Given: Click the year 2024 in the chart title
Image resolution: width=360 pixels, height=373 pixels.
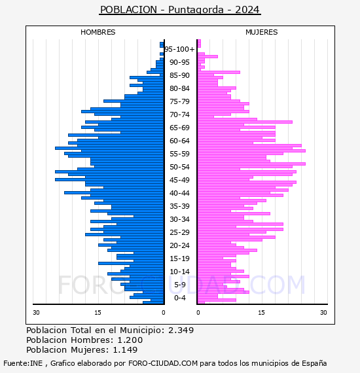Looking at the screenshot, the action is click(247, 10).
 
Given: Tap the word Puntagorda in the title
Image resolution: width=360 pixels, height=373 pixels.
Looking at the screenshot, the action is click(196, 10).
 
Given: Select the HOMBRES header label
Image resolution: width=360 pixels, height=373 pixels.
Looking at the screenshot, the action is click(98, 32).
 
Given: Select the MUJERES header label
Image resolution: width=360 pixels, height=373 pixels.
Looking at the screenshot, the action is click(262, 32).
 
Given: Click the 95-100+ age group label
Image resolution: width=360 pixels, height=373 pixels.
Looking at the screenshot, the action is click(179, 49).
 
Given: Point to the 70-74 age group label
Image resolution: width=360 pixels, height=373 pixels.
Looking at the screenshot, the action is click(179, 115).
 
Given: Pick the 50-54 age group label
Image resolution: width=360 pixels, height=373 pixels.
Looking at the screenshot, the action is click(179, 167).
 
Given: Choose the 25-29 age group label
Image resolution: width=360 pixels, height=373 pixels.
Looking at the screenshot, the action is click(179, 232).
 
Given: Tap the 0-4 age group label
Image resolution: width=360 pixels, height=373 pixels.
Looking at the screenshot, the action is click(180, 298).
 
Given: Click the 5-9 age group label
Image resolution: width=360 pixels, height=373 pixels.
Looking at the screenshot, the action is click(180, 285).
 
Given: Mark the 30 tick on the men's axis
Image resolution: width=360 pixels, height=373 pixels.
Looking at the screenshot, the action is click(36, 313).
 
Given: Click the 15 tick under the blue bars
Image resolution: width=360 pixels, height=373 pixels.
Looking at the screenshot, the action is click(98, 313).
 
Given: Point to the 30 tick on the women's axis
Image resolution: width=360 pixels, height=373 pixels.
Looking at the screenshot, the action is click(323, 313).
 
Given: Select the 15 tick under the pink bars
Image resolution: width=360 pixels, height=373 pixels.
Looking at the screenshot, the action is click(262, 313).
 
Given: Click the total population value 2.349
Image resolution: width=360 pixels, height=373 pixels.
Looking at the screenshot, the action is click(181, 330).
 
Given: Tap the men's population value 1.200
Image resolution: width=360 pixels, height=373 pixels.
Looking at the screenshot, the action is click(130, 340).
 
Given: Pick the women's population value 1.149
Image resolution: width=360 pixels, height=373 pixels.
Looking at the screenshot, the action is click(125, 350).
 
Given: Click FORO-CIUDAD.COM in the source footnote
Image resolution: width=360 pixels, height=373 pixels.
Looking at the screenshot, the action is click(163, 363).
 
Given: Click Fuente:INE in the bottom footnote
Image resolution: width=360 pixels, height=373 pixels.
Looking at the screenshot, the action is click(23, 363).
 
